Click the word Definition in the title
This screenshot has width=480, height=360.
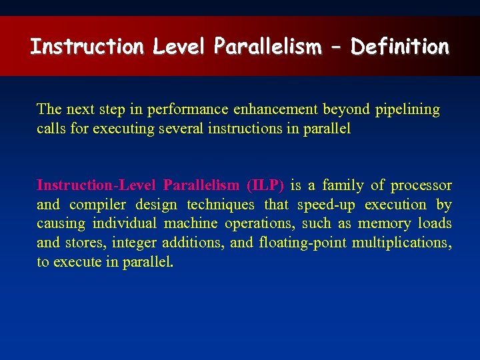pyautogui.click(x=400, y=47)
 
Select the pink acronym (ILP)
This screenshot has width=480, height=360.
pyautogui.click(x=265, y=185)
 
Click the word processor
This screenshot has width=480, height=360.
pyautogui.click(x=421, y=185)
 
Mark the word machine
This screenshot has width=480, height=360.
pyautogui.click(x=191, y=224)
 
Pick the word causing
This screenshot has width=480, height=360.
pyautogui.click(x=61, y=224)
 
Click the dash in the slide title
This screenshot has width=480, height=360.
pyautogui.click(x=337, y=47)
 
